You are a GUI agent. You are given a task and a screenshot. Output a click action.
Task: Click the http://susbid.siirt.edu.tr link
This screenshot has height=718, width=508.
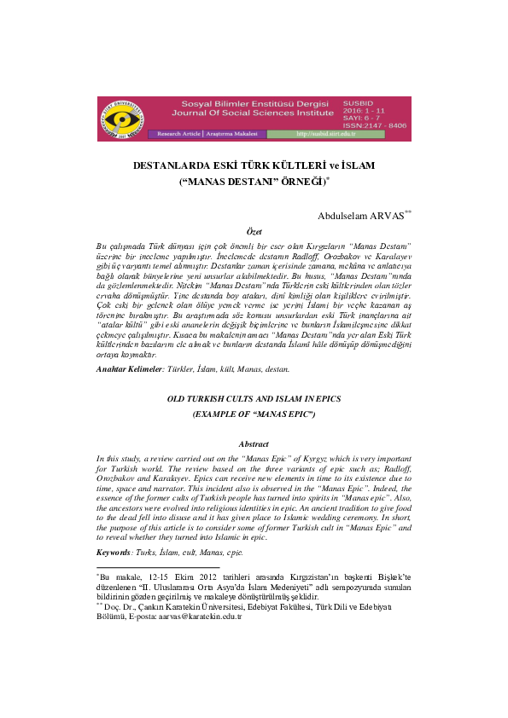tap(324, 134)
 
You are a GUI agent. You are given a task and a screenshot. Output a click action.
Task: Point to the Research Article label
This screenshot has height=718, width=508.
tap(177, 134)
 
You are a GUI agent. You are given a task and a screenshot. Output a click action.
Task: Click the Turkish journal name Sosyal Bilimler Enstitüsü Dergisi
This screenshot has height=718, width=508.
tap(245, 101)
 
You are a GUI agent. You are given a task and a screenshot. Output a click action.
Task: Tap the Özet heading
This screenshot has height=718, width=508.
tap(254, 231)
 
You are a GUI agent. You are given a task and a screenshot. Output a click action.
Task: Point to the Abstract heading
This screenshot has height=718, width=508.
tap(254, 444)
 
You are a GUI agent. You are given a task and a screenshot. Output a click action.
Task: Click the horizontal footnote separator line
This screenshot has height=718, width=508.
tap(157, 543)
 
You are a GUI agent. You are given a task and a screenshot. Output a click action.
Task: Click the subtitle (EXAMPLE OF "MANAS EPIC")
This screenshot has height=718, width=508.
tap(254, 414)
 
